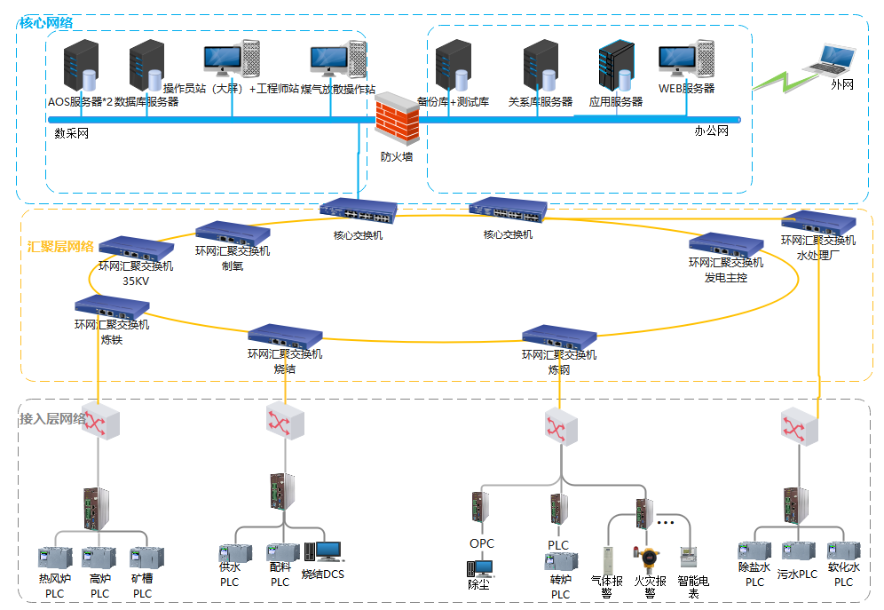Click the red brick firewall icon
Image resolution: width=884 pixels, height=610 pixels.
(x=397, y=120)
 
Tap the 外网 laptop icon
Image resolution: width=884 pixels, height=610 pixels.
(x=829, y=59)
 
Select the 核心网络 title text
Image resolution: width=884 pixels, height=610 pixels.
(x=46, y=22)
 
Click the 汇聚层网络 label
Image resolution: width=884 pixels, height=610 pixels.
(x=60, y=247)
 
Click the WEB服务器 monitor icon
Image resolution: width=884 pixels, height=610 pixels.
(x=682, y=63)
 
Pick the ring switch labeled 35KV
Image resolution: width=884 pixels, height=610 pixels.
(x=136, y=248)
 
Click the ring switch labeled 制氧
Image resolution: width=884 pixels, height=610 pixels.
(x=232, y=233)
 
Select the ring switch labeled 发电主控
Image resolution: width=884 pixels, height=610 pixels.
(x=725, y=243)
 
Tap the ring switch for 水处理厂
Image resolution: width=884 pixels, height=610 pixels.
(x=817, y=221)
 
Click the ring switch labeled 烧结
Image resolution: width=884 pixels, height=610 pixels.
(x=284, y=336)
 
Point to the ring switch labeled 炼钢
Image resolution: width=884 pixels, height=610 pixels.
(x=558, y=337)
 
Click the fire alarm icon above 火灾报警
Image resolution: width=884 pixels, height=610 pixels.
(x=649, y=559)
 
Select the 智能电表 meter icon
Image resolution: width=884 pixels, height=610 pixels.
(x=687, y=557)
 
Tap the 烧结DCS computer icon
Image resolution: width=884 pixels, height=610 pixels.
(x=323, y=552)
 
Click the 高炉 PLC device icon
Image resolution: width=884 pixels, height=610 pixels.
(x=99, y=559)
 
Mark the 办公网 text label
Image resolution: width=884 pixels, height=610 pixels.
(x=711, y=131)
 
